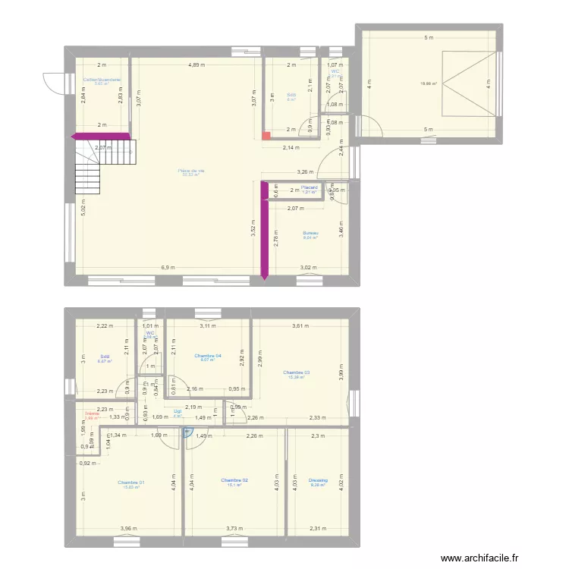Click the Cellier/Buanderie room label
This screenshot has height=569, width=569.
point(102,78)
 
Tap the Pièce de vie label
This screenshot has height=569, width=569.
point(191,171)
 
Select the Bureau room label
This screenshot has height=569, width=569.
point(310,233)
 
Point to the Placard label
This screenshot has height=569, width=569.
point(309,187)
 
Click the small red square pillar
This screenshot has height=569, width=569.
point(266,137)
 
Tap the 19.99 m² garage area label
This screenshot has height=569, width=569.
point(430,83)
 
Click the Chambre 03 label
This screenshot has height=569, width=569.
point(297,373)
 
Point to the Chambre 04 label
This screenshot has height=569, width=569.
point(208,356)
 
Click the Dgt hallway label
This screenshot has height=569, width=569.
point(177,411)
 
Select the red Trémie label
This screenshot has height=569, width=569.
point(93,413)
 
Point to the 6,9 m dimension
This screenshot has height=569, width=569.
point(168,268)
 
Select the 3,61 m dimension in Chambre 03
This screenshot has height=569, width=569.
point(301,326)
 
